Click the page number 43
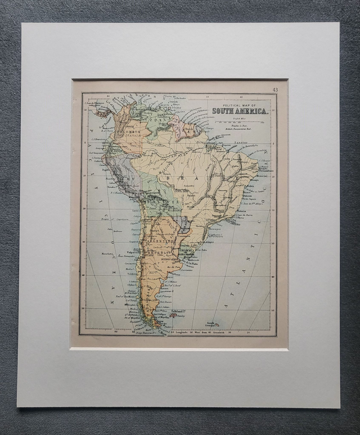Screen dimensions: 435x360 [275, 89]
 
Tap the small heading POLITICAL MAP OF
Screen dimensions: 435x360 [239, 105]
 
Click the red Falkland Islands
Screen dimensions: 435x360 [173, 315]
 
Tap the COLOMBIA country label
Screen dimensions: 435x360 [129, 133]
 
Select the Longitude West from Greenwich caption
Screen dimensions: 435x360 [197, 333]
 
